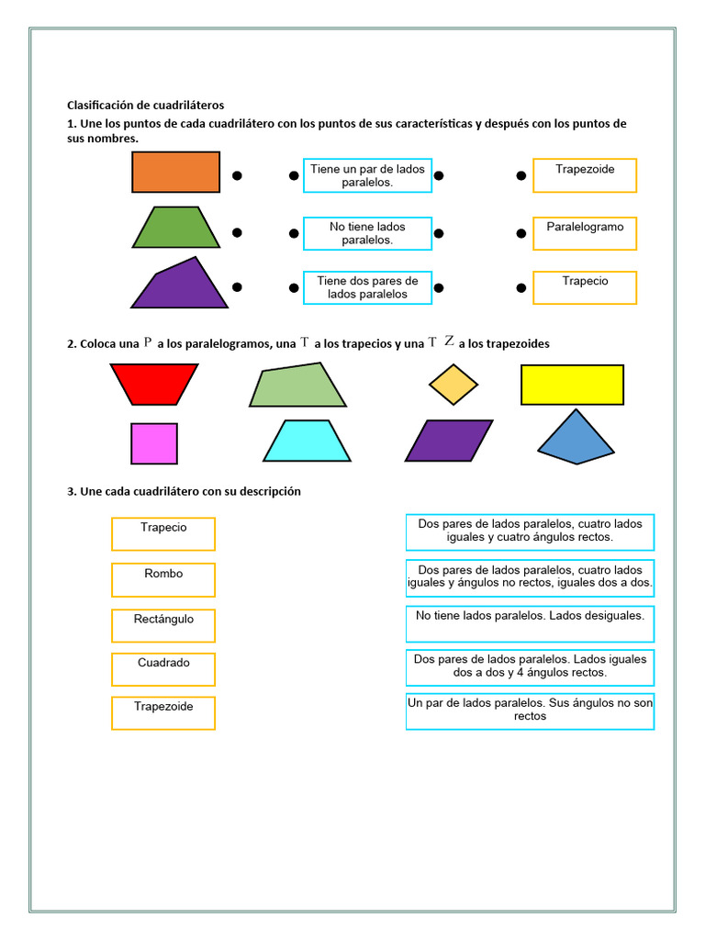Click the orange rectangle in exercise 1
[x=175, y=172]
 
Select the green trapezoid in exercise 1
[x=175, y=228]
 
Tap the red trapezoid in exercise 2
[x=154, y=384]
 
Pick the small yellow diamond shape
[x=453, y=385]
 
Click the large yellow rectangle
[x=572, y=385]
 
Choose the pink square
[x=154, y=443]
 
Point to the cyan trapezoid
[x=307, y=442]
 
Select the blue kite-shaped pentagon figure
[x=576, y=439]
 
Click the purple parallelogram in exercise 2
[x=449, y=441]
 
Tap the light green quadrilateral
[x=298, y=386]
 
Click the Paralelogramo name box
[x=585, y=233]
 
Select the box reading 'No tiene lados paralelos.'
[x=367, y=233]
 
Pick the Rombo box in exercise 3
[x=163, y=579]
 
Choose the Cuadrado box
[x=163, y=668]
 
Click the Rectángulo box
[x=163, y=625]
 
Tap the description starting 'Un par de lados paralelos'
[x=530, y=711]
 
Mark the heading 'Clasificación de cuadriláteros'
[x=146, y=106]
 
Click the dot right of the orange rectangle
[x=237, y=175]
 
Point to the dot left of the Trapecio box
[x=521, y=287]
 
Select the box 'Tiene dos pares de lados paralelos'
[x=367, y=287]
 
